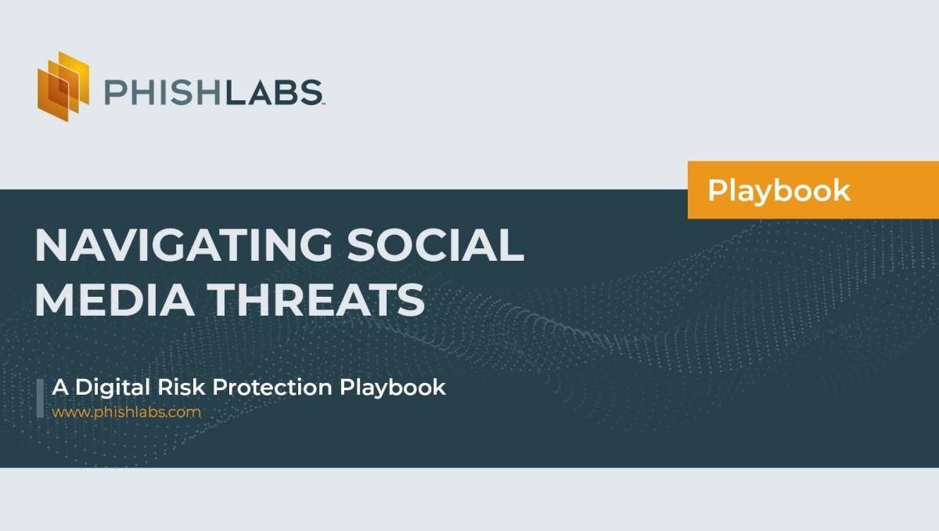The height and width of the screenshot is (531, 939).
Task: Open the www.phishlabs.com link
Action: click(x=127, y=411)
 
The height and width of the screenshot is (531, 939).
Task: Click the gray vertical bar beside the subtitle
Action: click(x=40, y=397)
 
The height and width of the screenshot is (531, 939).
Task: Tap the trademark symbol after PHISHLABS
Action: click(x=322, y=103)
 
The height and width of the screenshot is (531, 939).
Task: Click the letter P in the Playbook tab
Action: click(x=717, y=190)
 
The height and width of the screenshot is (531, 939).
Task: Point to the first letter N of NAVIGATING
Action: click(x=50, y=246)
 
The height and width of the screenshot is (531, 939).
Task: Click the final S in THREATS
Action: click(x=410, y=299)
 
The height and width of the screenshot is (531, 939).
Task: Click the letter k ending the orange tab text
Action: click(x=841, y=190)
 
